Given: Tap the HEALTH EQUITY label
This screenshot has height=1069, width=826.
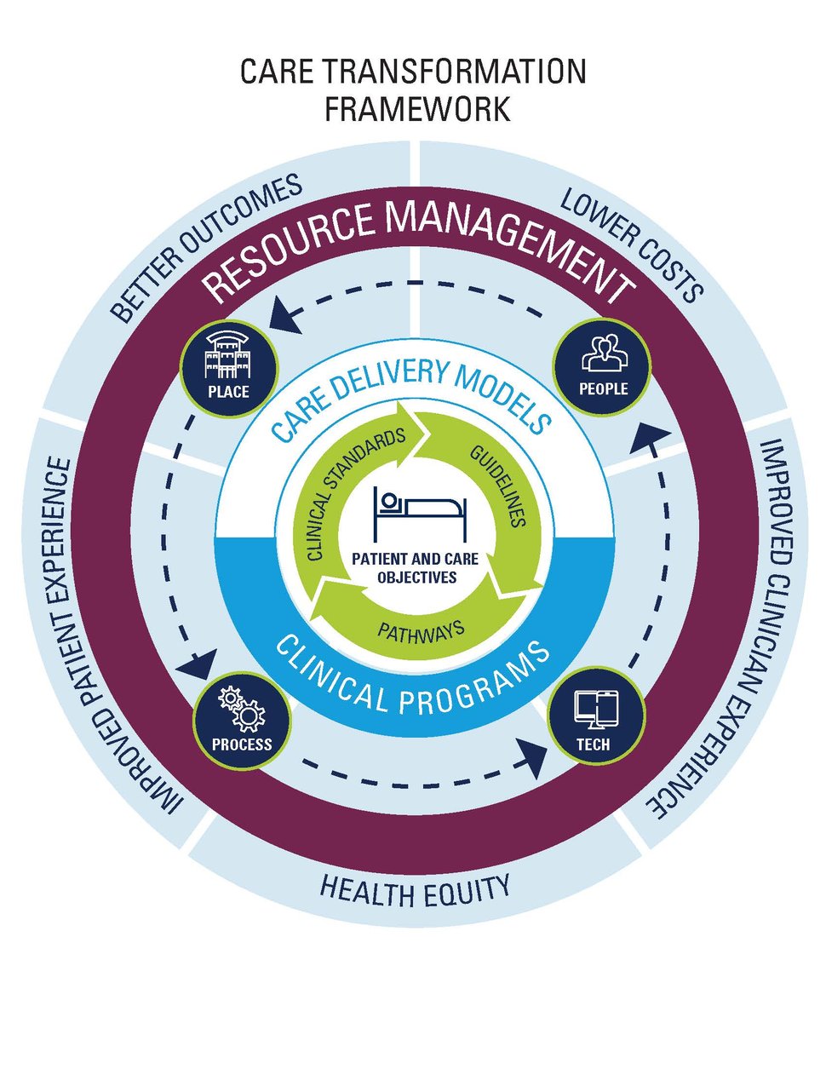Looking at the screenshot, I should click(415, 889).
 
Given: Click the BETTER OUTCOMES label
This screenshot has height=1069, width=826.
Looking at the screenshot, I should click(206, 246).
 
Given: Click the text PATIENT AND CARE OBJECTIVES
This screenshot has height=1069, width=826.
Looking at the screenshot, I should click(416, 568).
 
